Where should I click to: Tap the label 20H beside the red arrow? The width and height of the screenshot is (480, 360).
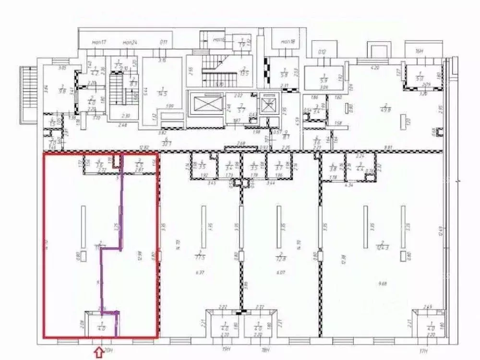[x=108, y=351]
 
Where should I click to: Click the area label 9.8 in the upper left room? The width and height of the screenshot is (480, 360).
[x=62, y=90]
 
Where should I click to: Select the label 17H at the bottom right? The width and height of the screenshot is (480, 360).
[x=423, y=350]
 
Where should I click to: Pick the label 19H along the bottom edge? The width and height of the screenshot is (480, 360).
[x=227, y=350]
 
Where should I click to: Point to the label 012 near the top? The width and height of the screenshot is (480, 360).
[x=322, y=52]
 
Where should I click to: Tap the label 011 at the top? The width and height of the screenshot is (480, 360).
[x=163, y=43]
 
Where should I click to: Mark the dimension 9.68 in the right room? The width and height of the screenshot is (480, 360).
[x=383, y=284]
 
